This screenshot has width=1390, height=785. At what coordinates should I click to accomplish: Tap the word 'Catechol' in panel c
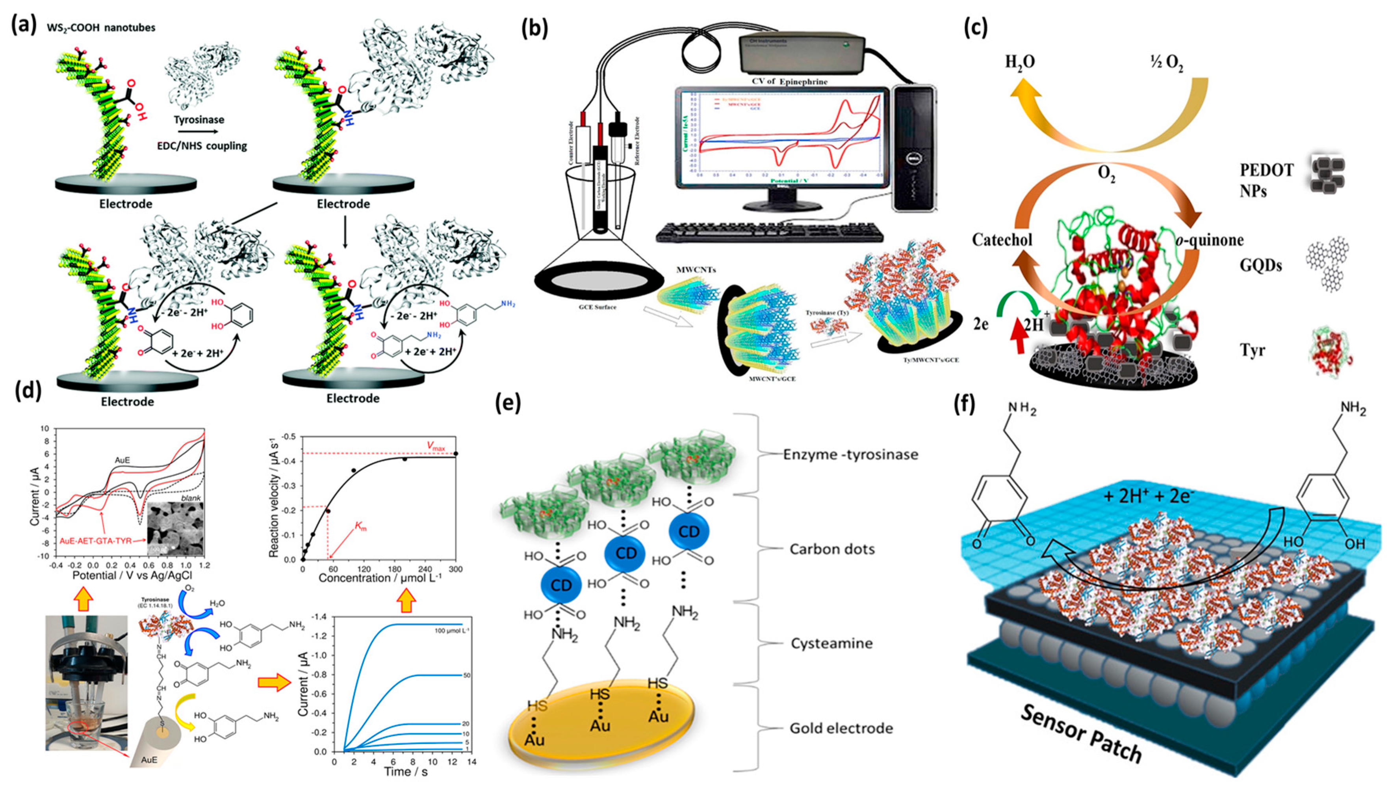1002,239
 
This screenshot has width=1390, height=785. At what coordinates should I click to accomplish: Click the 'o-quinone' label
1209,239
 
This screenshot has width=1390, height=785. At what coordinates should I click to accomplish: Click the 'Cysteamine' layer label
831,644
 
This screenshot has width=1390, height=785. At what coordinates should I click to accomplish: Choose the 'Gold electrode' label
841,728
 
